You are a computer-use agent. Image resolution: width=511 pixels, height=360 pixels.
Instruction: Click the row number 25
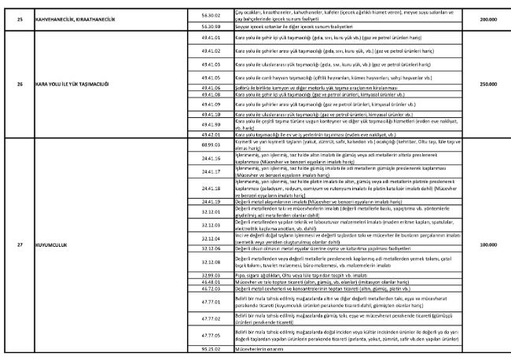tap(19, 18)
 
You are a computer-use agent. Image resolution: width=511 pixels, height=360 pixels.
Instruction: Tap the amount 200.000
tap(487, 18)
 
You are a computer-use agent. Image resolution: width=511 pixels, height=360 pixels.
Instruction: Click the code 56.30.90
tap(209, 26)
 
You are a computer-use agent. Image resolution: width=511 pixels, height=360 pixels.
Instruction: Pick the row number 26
tap(19, 83)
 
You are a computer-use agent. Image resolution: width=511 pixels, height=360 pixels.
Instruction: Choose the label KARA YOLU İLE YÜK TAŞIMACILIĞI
tap(69, 83)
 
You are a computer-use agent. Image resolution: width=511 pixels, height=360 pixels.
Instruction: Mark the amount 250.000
tap(487, 83)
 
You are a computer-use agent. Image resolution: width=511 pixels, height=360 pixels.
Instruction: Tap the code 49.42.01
tap(209, 134)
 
